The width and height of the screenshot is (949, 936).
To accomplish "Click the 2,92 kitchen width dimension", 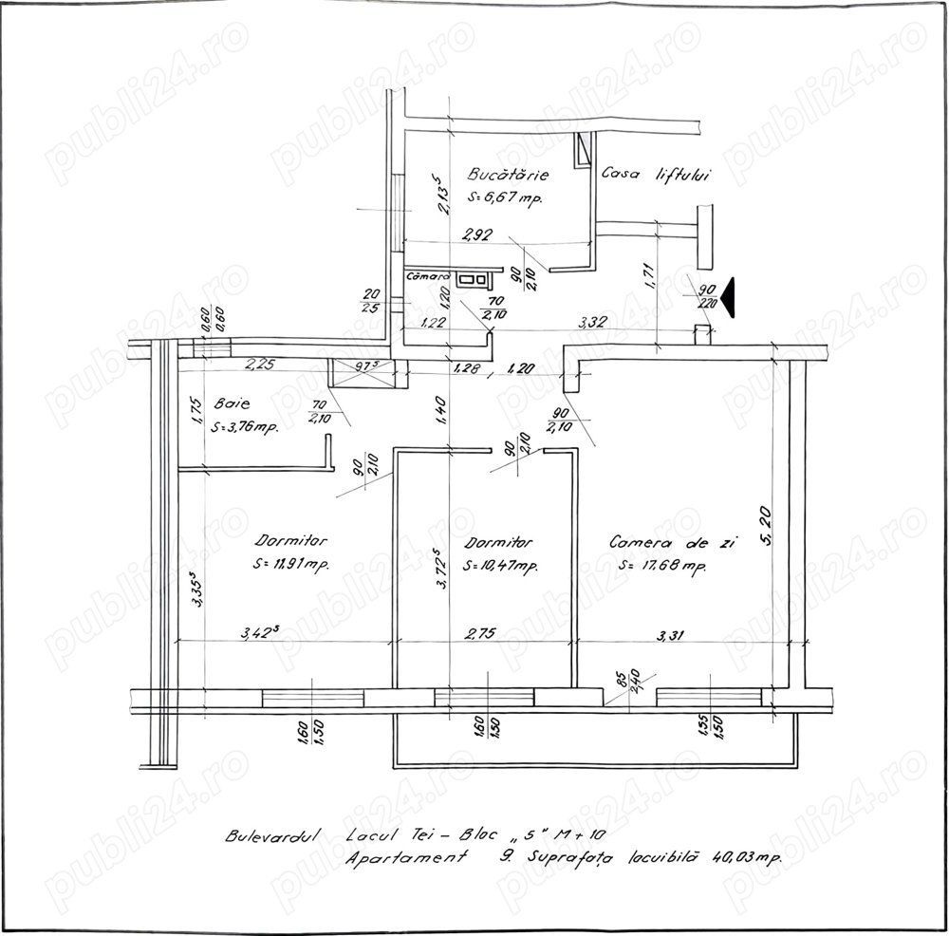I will (x=477, y=235).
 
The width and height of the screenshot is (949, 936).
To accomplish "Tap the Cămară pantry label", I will (x=425, y=277).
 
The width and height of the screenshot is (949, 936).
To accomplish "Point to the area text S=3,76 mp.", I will (x=245, y=427).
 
